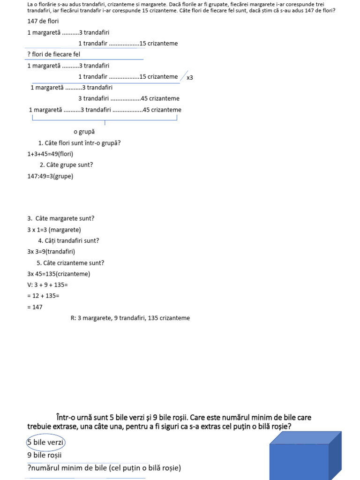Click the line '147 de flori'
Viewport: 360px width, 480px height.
click(43, 21)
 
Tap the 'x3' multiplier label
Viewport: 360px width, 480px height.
click(190, 78)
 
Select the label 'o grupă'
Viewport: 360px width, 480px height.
click(84, 132)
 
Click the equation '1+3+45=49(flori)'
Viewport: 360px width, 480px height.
click(50, 154)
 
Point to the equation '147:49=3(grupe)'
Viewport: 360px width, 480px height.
click(50, 176)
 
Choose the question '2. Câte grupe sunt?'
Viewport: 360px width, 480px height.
click(66, 165)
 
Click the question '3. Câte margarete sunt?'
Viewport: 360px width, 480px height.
click(61, 218)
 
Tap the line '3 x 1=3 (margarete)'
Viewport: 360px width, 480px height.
click(54, 230)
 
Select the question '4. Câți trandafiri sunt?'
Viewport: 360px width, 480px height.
click(68, 240)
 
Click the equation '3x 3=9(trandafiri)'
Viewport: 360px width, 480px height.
click(51, 251)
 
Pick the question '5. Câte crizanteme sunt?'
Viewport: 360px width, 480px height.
click(70, 262)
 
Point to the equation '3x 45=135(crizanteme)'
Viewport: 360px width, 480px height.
click(59, 274)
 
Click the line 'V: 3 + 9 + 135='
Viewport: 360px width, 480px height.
click(48, 285)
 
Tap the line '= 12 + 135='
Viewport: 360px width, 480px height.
click(43, 296)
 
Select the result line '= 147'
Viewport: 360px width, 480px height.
click(35, 307)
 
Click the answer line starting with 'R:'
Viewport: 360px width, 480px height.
click(130, 318)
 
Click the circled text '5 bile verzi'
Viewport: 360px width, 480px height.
click(45, 442)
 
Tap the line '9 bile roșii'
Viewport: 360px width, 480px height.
click(45, 455)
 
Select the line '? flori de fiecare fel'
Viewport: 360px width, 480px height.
click(54, 54)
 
